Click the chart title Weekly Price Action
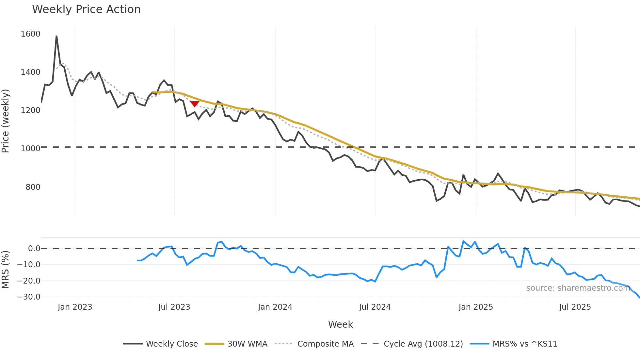86,9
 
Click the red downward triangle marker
195,104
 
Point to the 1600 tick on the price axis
30,34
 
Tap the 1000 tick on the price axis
30,149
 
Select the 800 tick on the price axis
33,187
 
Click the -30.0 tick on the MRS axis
29,297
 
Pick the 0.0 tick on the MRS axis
34,249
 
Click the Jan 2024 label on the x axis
275,307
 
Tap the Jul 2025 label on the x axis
575,307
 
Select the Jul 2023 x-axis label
174,307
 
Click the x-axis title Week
340,324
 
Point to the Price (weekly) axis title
5,121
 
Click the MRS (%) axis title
5,270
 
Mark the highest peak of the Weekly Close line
56,36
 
